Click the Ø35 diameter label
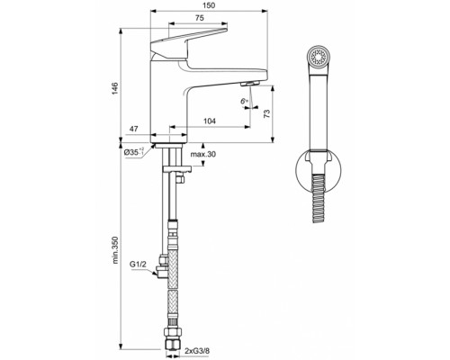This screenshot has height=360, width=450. [x=134, y=152]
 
